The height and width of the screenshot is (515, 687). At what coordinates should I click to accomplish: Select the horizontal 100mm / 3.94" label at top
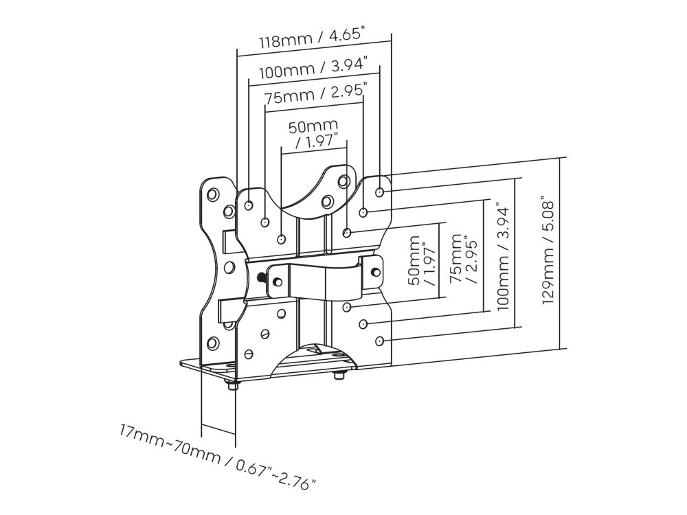point(318,69)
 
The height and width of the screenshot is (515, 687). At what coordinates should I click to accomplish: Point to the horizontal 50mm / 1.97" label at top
point(313,133)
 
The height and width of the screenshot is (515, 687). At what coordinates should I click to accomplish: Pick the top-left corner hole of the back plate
point(212,194)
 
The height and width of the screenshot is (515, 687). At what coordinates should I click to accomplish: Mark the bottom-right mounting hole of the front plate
point(379,339)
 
